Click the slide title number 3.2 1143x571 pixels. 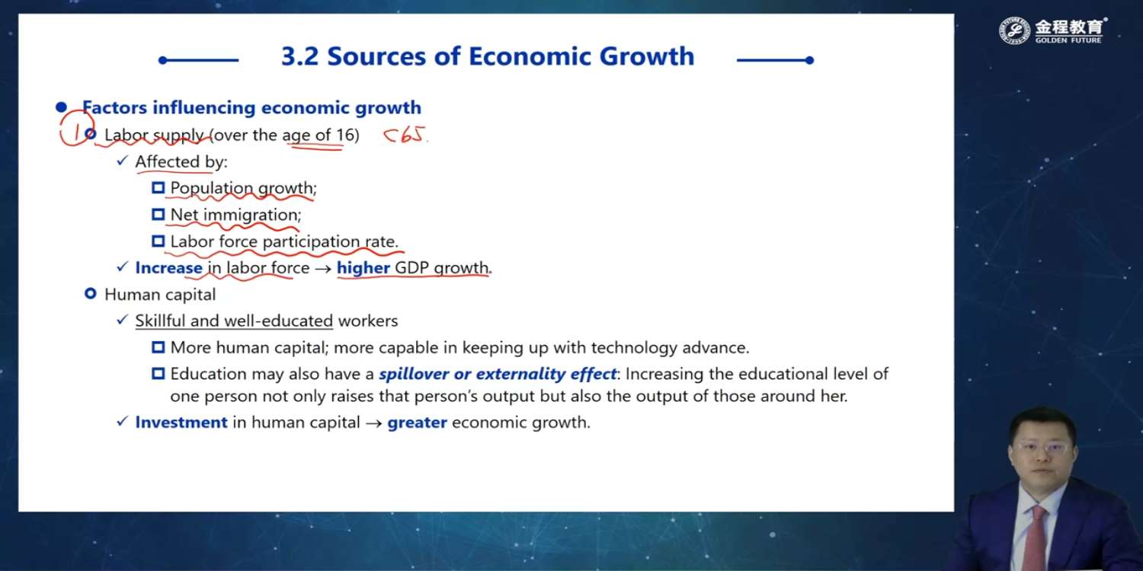tap(300, 56)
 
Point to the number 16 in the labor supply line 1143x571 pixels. tap(345, 135)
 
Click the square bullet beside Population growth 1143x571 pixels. tap(158, 187)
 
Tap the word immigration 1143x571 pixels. tap(252, 215)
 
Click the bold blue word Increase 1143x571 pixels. tap(168, 268)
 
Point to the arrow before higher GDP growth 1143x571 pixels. tap(323, 269)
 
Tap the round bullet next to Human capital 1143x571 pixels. tap(91, 294)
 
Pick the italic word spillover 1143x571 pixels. tap(414, 375)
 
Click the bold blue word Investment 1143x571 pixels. tap(181, 422)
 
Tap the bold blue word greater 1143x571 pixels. tap(417, 423)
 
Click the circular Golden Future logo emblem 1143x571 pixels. tap(1014, 30)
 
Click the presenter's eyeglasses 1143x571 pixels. tap(1043, 448)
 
